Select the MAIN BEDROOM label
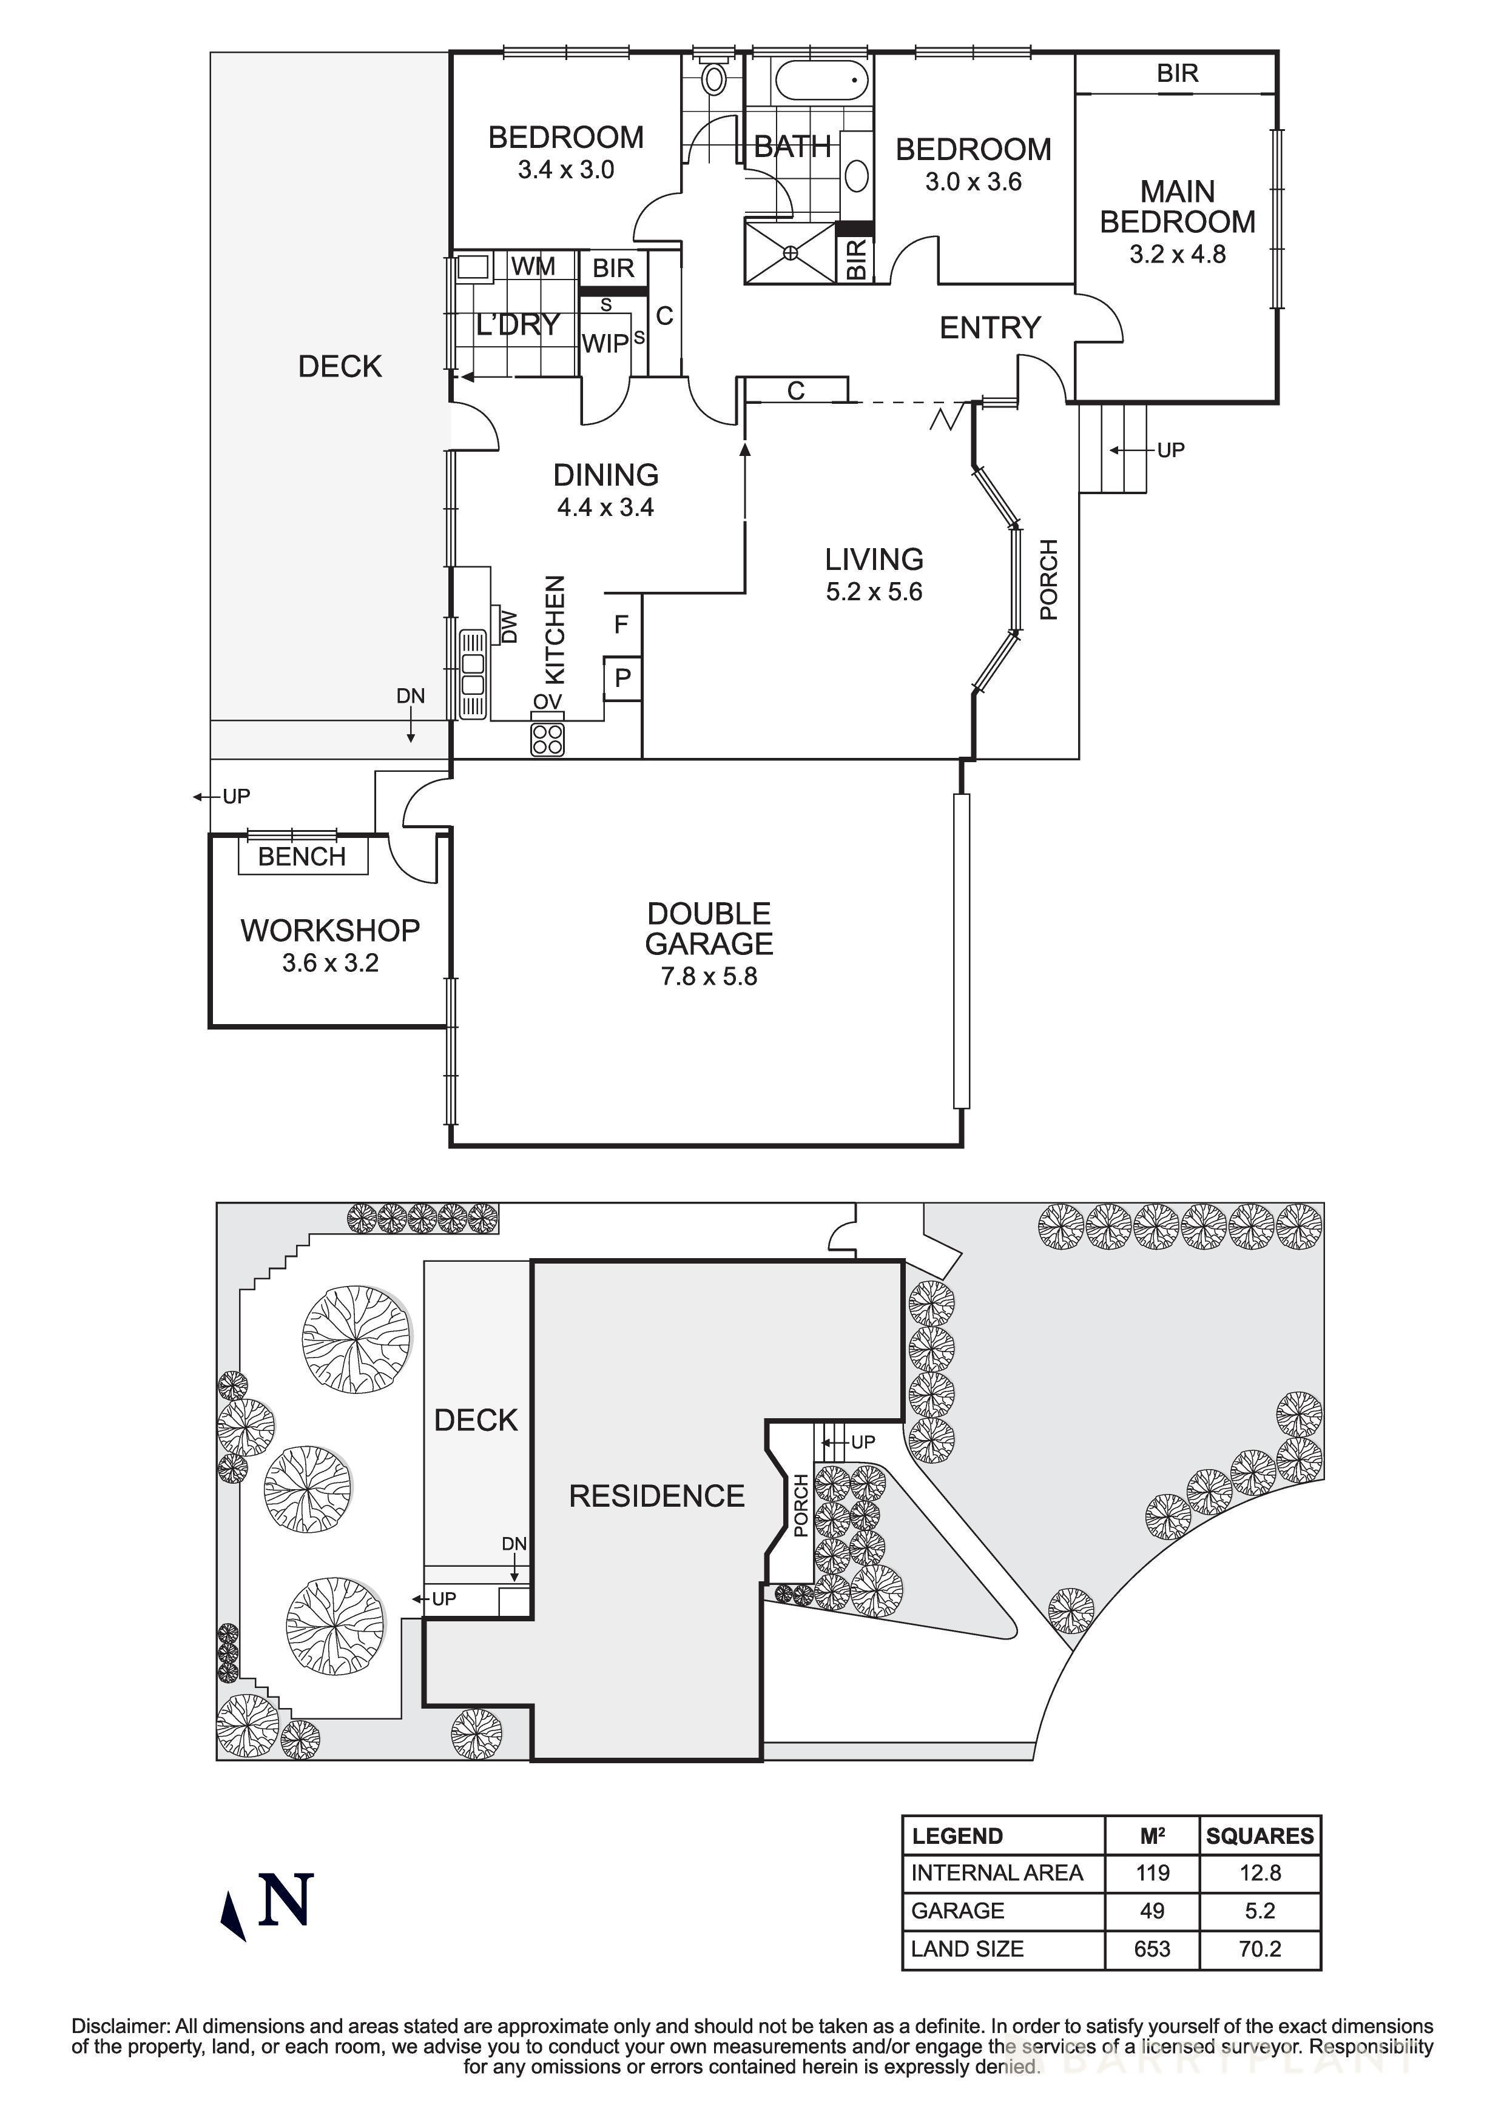[1177, 207]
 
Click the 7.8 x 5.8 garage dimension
[708, 976]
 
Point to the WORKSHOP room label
[330, 930]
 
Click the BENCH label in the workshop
[302, 856]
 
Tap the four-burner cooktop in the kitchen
[548, 739]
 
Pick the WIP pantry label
[604, 344]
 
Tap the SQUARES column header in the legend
[1260, 1836]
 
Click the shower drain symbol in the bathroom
[791, 251]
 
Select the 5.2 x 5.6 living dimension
[874, 592]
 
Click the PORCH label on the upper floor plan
[1048, 580]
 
